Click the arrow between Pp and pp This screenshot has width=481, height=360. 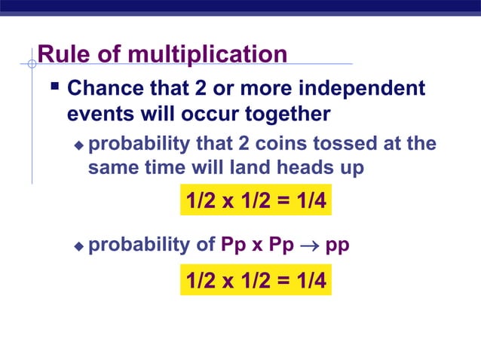coord(308,246)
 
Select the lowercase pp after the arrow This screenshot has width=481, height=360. coord(337,246)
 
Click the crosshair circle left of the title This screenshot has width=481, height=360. coord(32,64)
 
